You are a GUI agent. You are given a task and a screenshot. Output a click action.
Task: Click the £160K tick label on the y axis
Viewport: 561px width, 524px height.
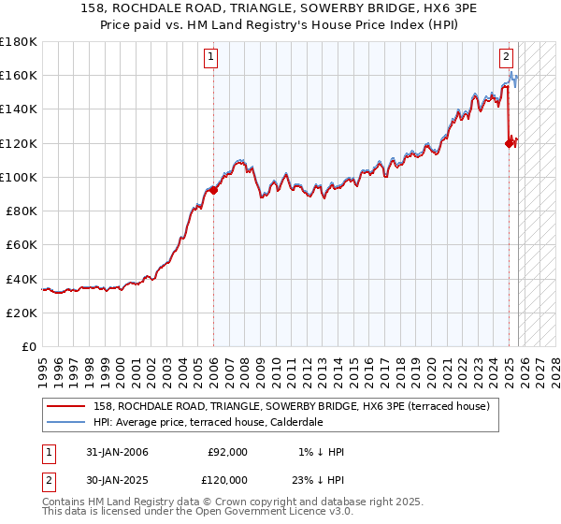pyautogui.click(x=19, y=75)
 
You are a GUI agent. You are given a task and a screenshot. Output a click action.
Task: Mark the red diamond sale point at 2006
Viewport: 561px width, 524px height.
pyautogui.click(x=213, y=190)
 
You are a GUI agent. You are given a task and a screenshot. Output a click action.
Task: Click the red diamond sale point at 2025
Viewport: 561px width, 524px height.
pyautogui.click(x=510, y=143)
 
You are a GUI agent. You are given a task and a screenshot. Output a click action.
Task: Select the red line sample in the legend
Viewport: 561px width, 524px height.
pyautogui.click(x=67, y=406)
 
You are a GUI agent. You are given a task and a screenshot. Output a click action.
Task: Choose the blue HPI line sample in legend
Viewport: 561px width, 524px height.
pyautogui.click(x=67, y=422)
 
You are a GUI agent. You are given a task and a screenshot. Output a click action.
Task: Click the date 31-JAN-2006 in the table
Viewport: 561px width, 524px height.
pyautogui.click(x=117, y=452)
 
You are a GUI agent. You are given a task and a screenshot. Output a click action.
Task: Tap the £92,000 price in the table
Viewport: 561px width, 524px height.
pyautogui.click(x=227, y=452)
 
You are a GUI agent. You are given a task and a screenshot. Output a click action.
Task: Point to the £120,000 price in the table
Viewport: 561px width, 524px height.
pyautogui.click(x=224, y=479)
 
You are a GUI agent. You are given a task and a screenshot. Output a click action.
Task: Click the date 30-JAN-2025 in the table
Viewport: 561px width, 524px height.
pyautogui.click(x=117, y=479)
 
